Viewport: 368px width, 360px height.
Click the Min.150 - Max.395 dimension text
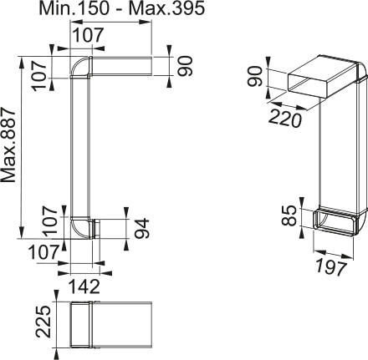[122, 8]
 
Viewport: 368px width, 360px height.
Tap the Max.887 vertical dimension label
[8, 145]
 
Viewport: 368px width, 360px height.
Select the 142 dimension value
[84, 286]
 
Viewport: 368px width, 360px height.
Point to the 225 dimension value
[43, 322]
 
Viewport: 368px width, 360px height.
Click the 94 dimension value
[141, 228]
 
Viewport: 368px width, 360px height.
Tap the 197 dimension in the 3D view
[331, 266]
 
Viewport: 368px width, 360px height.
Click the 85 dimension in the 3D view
[289, 215]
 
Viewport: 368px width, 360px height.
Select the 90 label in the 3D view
[255, 76]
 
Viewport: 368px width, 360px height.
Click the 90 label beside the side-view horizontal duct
[185, 66]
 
